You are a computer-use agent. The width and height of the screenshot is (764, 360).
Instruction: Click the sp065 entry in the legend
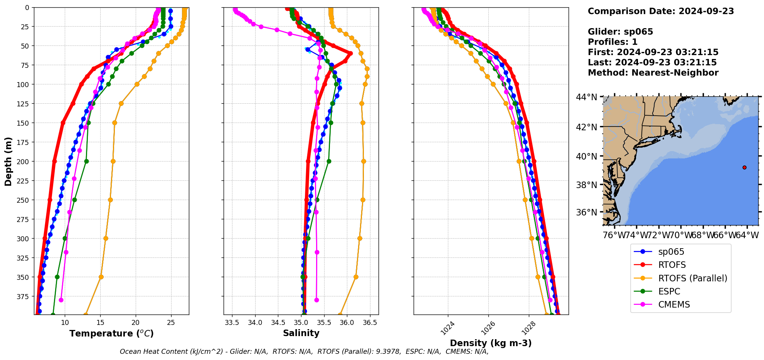coord(671,252)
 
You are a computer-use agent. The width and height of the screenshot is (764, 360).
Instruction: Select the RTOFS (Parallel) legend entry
coord(692,278)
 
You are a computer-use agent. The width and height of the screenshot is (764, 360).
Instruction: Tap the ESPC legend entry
coord(669,291)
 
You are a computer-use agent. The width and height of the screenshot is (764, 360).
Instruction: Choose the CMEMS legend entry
coord(674,304)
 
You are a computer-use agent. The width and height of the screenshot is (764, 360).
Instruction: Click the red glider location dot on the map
coord(744,167)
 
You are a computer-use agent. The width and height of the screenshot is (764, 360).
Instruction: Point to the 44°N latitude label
coord(586,97)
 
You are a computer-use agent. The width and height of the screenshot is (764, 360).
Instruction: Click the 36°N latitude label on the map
coord(586,212)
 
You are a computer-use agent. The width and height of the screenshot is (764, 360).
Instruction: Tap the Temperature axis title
coord(111,333)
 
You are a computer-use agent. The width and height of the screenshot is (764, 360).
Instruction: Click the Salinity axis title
coord(301,333)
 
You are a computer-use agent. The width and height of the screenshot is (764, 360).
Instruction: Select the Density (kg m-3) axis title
coord(491,343)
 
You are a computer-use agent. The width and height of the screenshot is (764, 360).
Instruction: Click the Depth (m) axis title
coord(8,161)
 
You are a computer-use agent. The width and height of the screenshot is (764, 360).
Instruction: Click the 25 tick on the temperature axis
coord(171,323)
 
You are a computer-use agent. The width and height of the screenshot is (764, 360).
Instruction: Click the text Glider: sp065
coord(620,32)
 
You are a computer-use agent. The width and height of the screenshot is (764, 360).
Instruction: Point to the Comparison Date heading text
coord(661,11)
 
